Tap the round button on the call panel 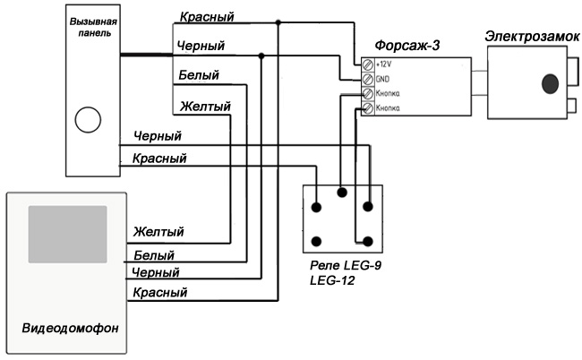coord(87,119)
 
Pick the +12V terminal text coord(386,65)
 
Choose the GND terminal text coord(383,79)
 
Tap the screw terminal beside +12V coord(367,65)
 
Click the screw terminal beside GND coord(367,79)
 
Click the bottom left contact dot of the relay coord(316,240)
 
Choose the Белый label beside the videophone coord(152,255)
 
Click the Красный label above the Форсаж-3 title coord(207,17)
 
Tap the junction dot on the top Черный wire coord(261,56)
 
